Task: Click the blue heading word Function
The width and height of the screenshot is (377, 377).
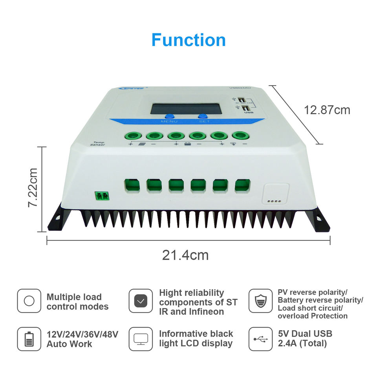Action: click(188, 40)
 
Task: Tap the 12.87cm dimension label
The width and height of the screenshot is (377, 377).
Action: click(327, 110)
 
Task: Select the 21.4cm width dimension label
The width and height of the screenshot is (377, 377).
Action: click(185, 255)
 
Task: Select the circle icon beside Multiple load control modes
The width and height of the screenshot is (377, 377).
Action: click(29, 301)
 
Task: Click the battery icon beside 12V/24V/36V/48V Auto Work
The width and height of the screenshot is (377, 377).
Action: click(29, 339)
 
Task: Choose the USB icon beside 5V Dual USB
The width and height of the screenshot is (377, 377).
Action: click(260, 339)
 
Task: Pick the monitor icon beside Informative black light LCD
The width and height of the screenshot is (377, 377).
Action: click(141, 339)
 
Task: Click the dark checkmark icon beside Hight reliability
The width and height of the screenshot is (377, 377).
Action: click(141, 301)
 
